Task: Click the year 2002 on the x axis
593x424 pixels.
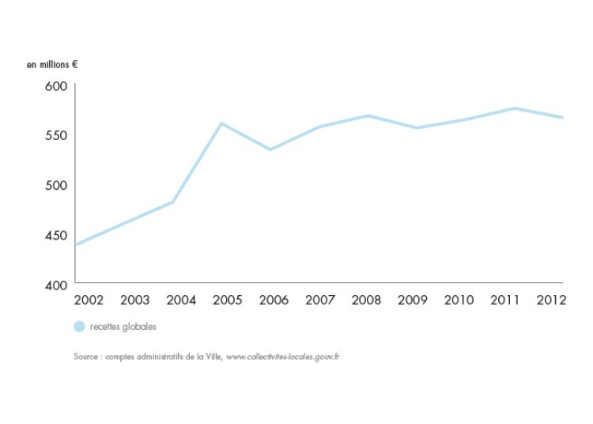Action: (88, 301)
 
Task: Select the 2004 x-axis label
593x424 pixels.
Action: (181, 301)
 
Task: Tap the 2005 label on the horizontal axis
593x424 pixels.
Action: (228, 301)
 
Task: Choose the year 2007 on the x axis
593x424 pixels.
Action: (320, 301)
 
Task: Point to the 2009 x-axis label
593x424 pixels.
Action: (413, 301)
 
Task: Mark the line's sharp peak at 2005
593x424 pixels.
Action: (222, 123)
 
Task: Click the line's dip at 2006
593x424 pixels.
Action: (270, 150)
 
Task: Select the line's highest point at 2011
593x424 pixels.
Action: (514, 108)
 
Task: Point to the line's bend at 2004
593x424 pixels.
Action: (172, 202)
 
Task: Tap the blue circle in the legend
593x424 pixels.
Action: (79, 327)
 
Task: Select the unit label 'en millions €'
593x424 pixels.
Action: (51, 62)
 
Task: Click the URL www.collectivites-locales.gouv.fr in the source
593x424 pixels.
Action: (283, 357)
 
